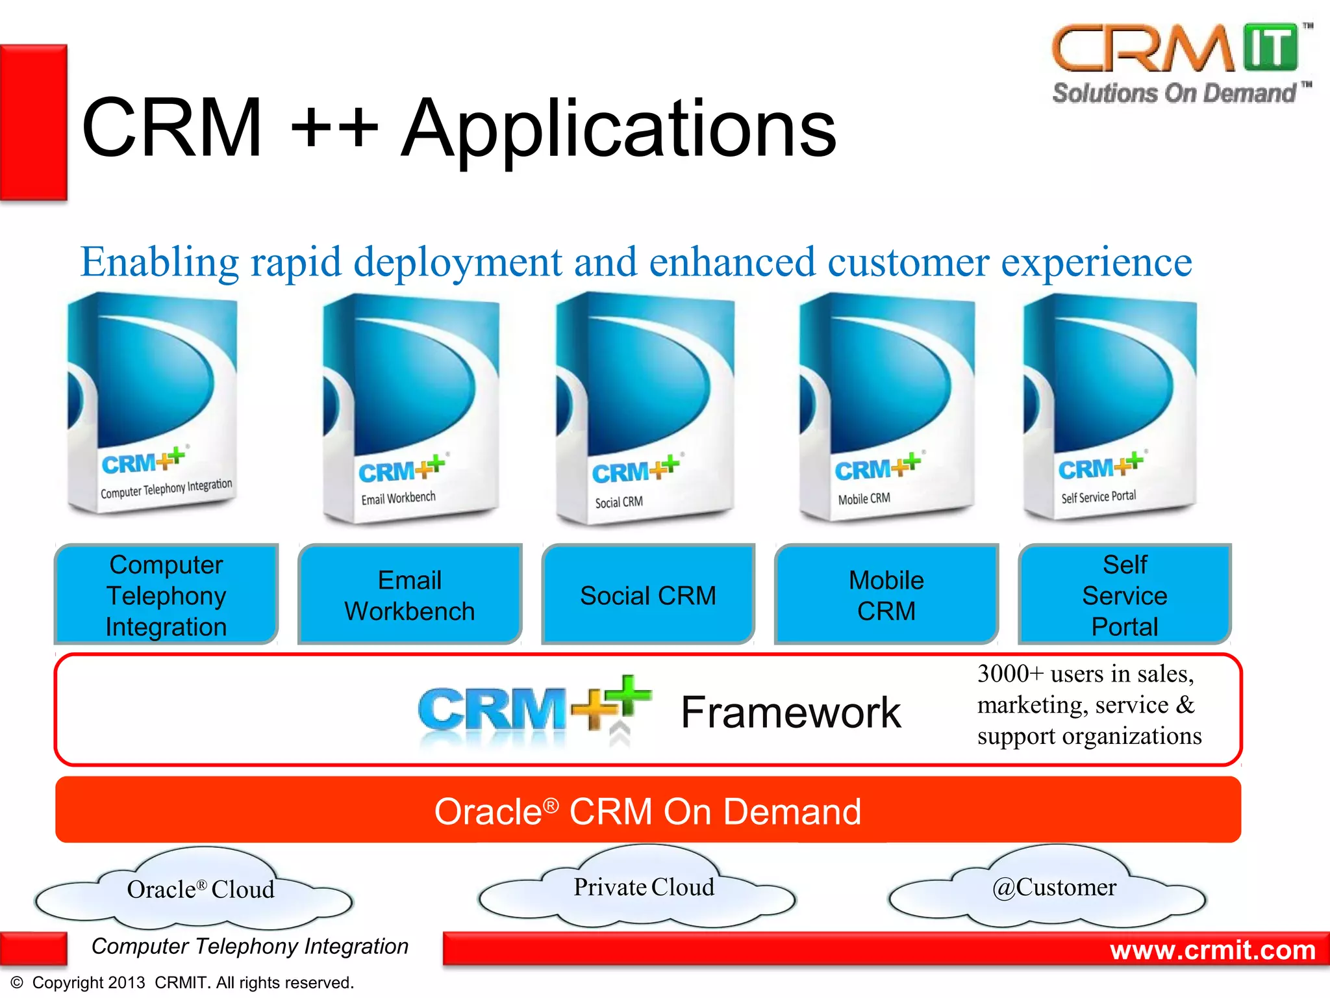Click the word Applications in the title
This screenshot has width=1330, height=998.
click(618, 129)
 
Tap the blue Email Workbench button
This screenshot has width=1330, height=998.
click(410, 595)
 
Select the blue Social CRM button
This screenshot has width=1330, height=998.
click(647, 595)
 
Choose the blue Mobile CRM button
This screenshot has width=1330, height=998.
click(886, 595)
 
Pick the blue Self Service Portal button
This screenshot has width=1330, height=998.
click(1124, 595)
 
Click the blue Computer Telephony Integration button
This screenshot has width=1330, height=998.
click(166, 595)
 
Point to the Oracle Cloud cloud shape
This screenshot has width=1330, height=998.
click(195, 890)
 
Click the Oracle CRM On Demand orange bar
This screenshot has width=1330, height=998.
click(647, 810)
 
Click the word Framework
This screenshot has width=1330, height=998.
click(790, 712)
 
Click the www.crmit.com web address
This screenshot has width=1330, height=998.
click(1212, 950)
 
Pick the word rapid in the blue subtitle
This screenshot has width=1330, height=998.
click(296, 262)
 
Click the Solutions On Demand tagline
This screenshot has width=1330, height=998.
click(1174, 94)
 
